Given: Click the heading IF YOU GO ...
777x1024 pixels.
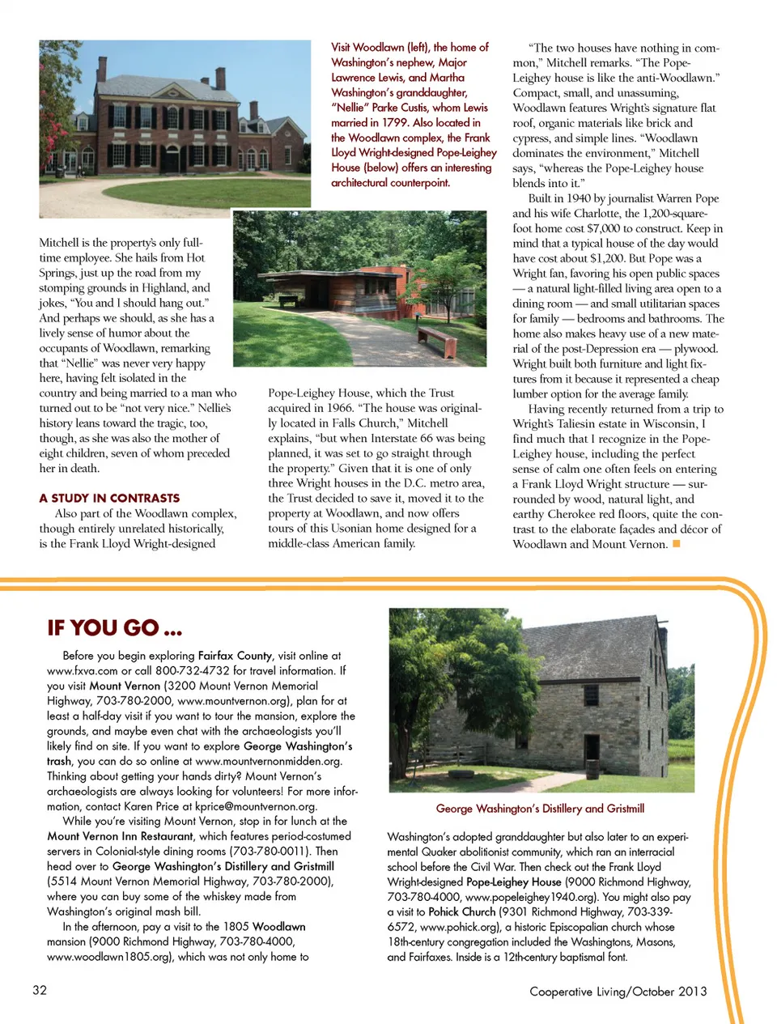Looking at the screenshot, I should (x=114, y=628).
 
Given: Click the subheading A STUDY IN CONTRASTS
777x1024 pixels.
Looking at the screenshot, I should (x=109, y=498).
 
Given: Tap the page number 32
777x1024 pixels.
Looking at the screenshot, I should (x=40, y=990).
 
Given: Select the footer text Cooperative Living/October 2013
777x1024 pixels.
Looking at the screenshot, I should (x=618, y=991).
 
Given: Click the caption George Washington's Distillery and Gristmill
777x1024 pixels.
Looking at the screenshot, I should (x=540, y=808).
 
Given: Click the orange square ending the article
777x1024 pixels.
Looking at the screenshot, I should (x=677, y=544).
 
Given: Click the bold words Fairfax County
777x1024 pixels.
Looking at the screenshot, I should (x=235, y=656).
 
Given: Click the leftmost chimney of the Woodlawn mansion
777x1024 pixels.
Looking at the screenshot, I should (x=103, y=69).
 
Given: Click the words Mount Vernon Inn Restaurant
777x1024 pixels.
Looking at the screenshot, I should (x=120, y=836).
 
